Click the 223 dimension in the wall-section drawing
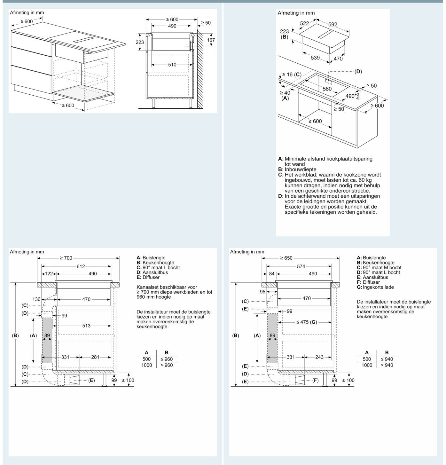pyautogui.click(x=140, y=42)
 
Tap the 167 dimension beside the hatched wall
pyautogui.click(x=211, y=40)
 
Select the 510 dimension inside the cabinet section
pyautogui.click(x=172, y=65)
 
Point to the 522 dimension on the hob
pyautogui.click(x=304, y=23)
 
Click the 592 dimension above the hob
pyautogui.click(x=333, y=24)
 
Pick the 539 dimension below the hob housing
pyautogui.click(x=315, y=58)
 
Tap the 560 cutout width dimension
pyautogui.click(x=327, y=89)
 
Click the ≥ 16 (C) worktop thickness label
pyautogui.click(x=292, y=75)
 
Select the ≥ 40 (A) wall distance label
pyautogui.click(x=285, y=95)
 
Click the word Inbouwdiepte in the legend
pyautogui.click(x=301, y=169)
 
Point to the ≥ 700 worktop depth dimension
pyautogui.click(x=66, y=258)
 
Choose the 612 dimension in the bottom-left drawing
pyautogui.click(x=81, y=266)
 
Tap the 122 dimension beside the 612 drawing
pyautogui.click(x=49, y=274)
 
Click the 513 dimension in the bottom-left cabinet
pyautogui.click(x=86, y=326)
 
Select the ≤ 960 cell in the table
pyautogui.click(x=167, y=359)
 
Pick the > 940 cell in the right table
pyautogui.click(x=387, y=365)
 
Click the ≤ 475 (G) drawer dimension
pyautogui.click(x=307, y=322)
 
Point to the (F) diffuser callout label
pyautogui.click(x=315, y=380)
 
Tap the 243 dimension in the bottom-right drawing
pyautogui.click(x=319, y=357)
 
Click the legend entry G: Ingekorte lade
pyautogui.click(x=375, y=287)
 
